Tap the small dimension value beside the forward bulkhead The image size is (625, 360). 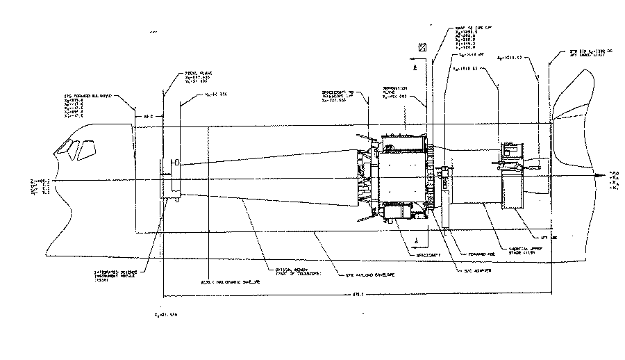coord(147,117)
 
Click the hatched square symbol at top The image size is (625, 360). coord(421,47)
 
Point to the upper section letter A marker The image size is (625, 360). coord(414,69)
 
